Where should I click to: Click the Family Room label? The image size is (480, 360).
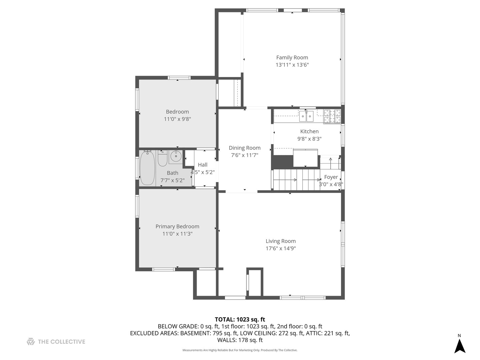[x=292, y=57]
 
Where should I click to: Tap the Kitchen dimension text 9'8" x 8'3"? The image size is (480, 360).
[x=309, y=139]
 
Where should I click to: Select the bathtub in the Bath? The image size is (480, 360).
[x=147, y=168]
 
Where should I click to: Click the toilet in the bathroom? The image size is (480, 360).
[x=162, y=158]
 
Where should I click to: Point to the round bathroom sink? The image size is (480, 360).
[x=176, y=156]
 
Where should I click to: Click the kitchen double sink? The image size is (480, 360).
[x=306, y=116]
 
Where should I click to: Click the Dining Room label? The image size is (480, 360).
[x=244, y=148]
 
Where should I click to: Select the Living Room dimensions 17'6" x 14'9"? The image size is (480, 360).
[x=281, y=248]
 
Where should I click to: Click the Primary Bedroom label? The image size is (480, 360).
[x=177, y=226]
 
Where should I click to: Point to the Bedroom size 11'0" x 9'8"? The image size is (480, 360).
[x=177, y=119]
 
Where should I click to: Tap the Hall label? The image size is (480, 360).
[x=202, y=165]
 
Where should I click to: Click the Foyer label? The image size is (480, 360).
[x=331, y=177]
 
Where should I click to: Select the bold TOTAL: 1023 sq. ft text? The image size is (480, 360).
[x=240, y=320]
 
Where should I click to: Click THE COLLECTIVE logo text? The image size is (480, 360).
[x=61, y=342]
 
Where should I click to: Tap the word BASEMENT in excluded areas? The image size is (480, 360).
[x=195, y=333]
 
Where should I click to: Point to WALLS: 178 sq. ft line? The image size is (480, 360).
[x=240, y=340]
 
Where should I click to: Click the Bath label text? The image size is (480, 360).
[x=173, y=173]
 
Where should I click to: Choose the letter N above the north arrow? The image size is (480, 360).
[x=459, y=336]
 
